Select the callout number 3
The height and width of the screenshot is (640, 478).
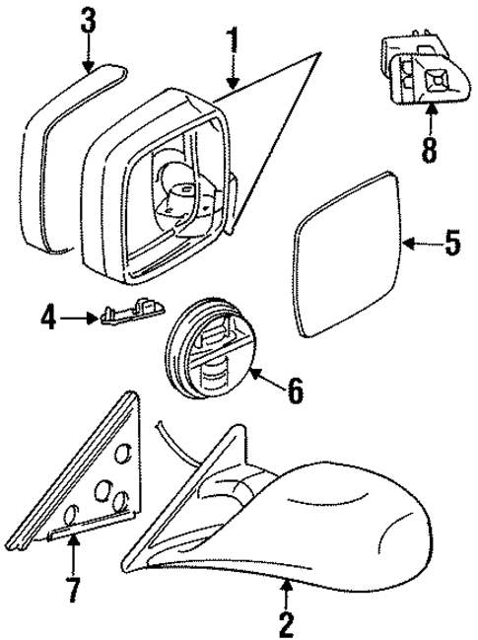point(89,20)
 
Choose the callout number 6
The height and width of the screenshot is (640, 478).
point(295,391)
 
